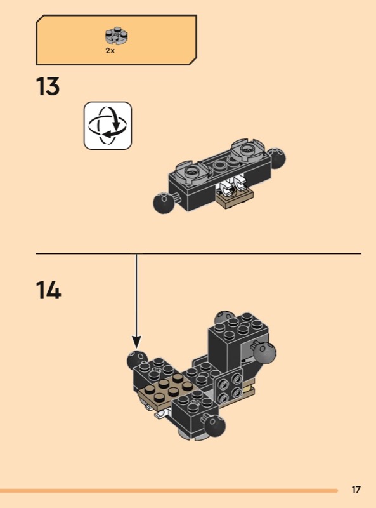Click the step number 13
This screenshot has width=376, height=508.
(48, 86)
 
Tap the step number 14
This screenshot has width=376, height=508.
(48, 290)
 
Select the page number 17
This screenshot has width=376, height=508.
(356, 490)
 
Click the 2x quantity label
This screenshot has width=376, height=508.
(110, 51)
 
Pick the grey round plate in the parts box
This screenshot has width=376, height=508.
(116, 36)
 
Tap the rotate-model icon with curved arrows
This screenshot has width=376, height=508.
(108, 125)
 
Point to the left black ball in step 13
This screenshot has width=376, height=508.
(164, 202)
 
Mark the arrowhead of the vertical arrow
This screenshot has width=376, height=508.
(136, 342)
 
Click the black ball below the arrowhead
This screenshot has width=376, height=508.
(136, 360)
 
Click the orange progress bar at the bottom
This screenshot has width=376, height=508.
(169, 491)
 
